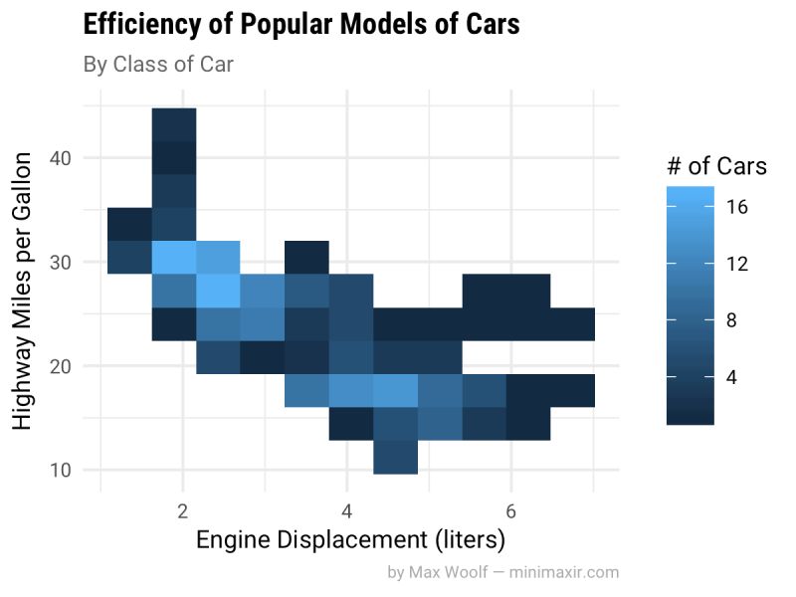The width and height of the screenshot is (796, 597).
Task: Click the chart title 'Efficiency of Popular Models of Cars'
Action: point(301,25)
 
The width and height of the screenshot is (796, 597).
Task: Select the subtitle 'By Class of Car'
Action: point(158,66)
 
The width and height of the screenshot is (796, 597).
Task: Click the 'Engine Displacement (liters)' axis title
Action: point(350,540)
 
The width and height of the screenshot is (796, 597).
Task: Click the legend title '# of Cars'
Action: point(716,166)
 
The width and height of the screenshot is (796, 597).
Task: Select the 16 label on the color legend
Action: point(736,207)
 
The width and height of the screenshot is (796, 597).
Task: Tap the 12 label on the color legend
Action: point(736,264)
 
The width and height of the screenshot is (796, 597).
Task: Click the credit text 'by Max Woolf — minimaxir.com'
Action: point(502,572)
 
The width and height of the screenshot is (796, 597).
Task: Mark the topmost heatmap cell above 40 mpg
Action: point(174,124)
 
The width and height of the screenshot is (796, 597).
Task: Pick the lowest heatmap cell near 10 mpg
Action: point(395,457)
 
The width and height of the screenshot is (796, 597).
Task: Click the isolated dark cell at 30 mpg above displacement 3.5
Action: point(304,257)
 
